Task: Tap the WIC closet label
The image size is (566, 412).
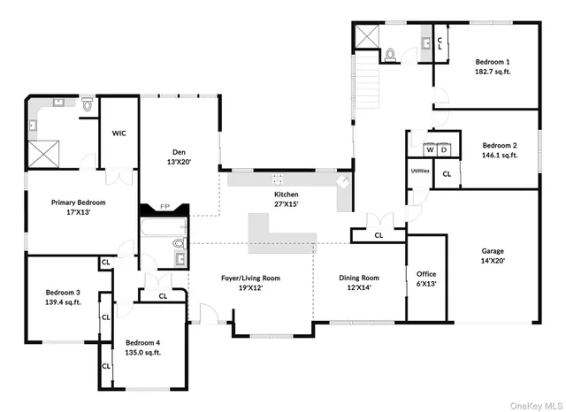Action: (119, 134)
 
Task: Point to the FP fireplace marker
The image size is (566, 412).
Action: (164, 208)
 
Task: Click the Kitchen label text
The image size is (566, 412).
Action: (286, 195)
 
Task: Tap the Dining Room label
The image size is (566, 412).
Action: (358, 278)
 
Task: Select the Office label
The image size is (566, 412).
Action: (425, 274)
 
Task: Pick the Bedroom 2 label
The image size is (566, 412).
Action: (500, 145)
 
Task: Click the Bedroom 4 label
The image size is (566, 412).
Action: (142, 342)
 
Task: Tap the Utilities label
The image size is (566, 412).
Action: (420, 171)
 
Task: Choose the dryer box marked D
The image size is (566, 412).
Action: (442, 149)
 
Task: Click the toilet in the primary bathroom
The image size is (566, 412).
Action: (88, 105)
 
